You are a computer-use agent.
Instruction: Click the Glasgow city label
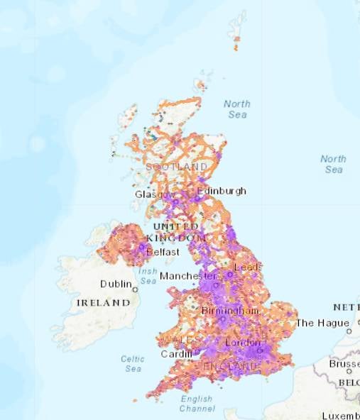click(154, 194)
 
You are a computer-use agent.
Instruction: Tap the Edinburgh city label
click(222, 191)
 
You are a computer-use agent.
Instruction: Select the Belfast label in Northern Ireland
click(161, 252)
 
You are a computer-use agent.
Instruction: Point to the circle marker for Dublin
click(135, 289)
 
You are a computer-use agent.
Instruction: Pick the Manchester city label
click(188, 275)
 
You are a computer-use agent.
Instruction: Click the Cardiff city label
click(177, 354)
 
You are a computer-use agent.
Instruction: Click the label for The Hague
click(322, 323)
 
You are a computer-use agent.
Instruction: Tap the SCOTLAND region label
click(177, 167)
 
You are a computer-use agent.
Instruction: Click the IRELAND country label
click(103, 302)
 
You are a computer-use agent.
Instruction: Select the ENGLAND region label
click(231, 365)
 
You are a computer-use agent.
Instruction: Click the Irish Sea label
click(148, 276)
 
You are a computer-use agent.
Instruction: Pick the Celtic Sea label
click(133, 363)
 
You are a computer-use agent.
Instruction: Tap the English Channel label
click(197, 404)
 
